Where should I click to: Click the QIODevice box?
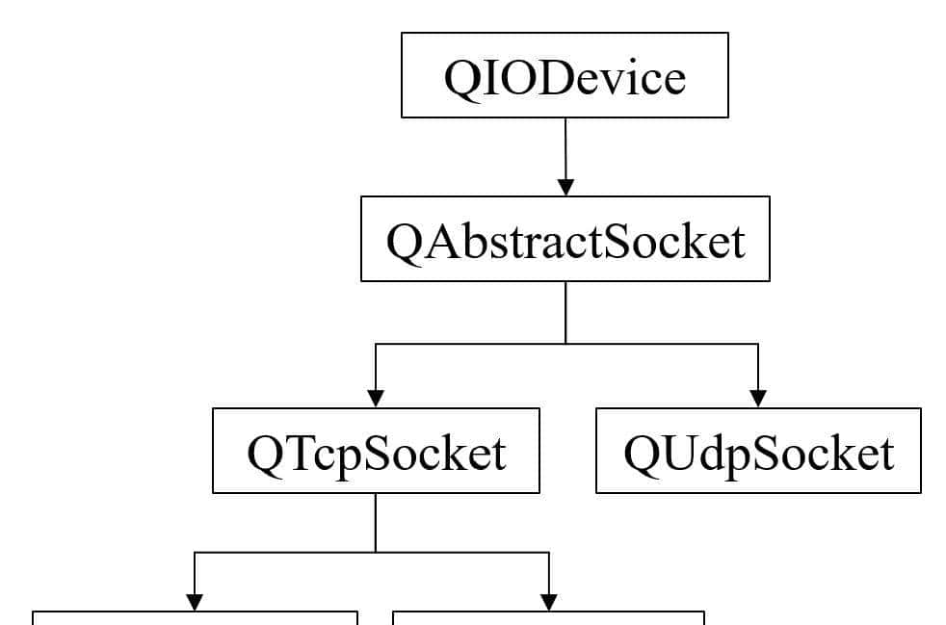click(565, 75)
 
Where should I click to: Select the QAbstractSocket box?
click(565, 239)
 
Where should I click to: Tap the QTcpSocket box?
click(376, 451)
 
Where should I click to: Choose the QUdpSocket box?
click(758, 451)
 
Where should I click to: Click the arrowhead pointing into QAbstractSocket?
click(565, 186)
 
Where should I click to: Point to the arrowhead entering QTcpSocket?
click(376, 398)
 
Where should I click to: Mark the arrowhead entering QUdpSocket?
click(758, 398)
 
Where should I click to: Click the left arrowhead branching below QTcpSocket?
click(195, 601)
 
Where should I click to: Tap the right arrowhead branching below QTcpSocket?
click(549, 601)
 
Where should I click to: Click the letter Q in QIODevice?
click(459, 77)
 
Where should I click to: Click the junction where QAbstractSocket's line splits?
click(565, 343)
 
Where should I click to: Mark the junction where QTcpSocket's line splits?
click(376, 553)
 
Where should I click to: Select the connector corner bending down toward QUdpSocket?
click(758, 343)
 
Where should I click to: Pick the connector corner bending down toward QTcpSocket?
click(376, 343)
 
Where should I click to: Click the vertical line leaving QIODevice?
click(565, 144)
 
